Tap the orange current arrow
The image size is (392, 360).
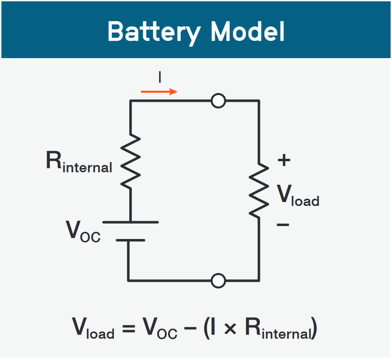[x=159, y=91]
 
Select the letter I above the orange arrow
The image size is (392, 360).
[x=159, y=77]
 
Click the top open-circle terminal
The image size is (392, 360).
[x=219, y=101]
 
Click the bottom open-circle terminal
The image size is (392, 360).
[x=219, y=280]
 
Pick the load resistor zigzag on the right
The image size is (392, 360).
[x=259, y=190]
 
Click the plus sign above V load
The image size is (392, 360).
[x=284, y=160]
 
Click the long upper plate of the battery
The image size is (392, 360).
[x=130, y=222]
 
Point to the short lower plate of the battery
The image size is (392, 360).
[x=130, y=240]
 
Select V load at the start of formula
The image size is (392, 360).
[x=93, y=329]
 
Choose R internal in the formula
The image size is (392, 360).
[x=279, y=329]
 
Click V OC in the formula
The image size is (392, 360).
[x=160, y=329]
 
